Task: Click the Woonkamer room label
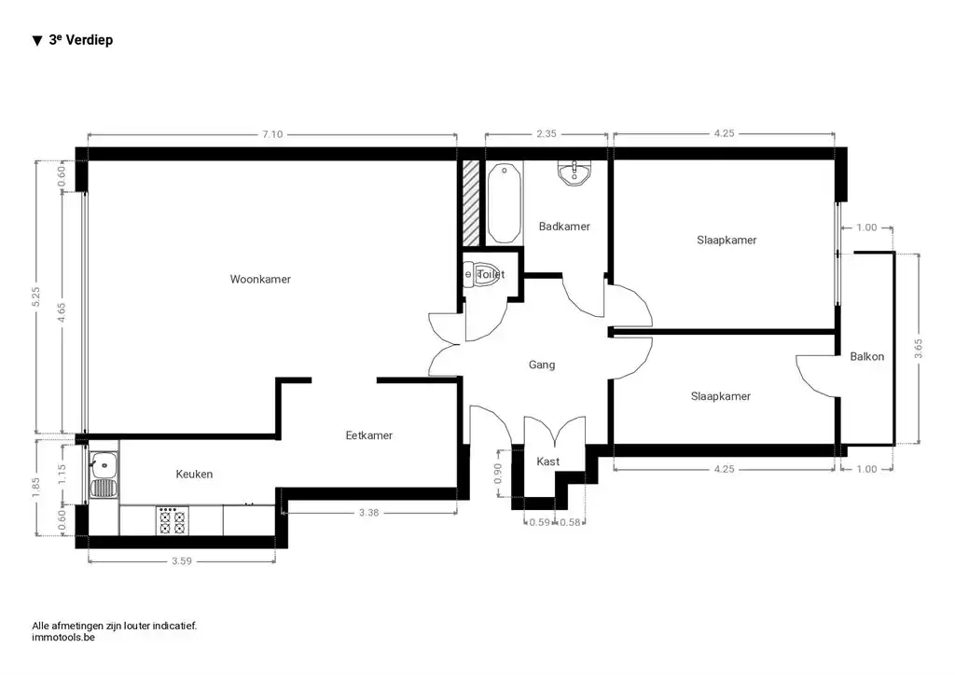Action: click(x=260, y=279)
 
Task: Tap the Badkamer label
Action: click(x=564, y=227)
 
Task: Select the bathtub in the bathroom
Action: click(x=504, y=201)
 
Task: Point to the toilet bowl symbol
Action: click(x=483, y=274)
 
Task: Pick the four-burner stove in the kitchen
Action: click(x=172, y=521)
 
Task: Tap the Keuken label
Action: click(x=194, y=475)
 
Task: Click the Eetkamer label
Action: click(x=368, y=435)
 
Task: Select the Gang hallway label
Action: click(x=542, y=365)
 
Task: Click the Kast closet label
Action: click(x=547, y=461)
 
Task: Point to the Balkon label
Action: click(x=866, y=356)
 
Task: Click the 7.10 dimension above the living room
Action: click(x=271, y=134)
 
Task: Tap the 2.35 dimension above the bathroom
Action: click(x=546, y=134)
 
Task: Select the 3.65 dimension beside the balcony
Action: click(x=919, y=349)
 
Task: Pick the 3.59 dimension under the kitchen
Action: click(x=181, y=561)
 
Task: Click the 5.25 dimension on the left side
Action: click(x=35, y=296)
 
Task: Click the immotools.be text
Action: click(x=63, y=638)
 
